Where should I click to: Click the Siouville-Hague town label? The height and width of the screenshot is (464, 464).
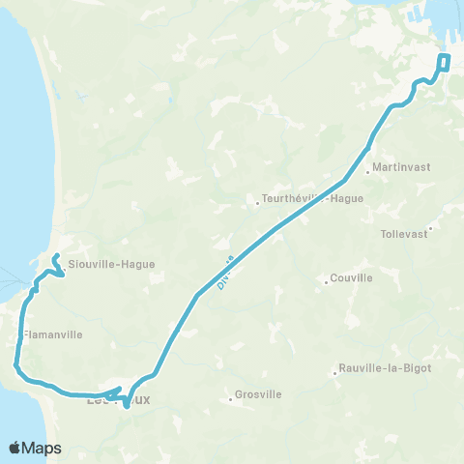click(x=111, y=264)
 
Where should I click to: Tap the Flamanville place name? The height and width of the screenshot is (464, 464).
click(x=52, y=334)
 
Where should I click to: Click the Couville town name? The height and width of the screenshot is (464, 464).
click(x=352, y=277)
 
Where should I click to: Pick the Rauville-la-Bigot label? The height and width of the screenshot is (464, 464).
click(x=384, y=368)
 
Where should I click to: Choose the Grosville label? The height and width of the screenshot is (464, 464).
click(x=259, y=395)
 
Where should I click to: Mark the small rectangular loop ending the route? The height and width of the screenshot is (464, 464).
click(x=445, y=63)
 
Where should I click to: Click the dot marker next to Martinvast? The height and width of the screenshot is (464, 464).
click(x=368, y=175)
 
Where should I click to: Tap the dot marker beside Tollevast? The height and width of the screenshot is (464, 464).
click(x=431, y=228)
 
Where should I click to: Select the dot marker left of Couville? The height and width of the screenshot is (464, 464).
click(x=327, y=282)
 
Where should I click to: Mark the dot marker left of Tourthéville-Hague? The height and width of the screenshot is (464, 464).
click(x=257, y=204)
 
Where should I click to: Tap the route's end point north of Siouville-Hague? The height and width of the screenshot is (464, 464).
click(x=56, y=256)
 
